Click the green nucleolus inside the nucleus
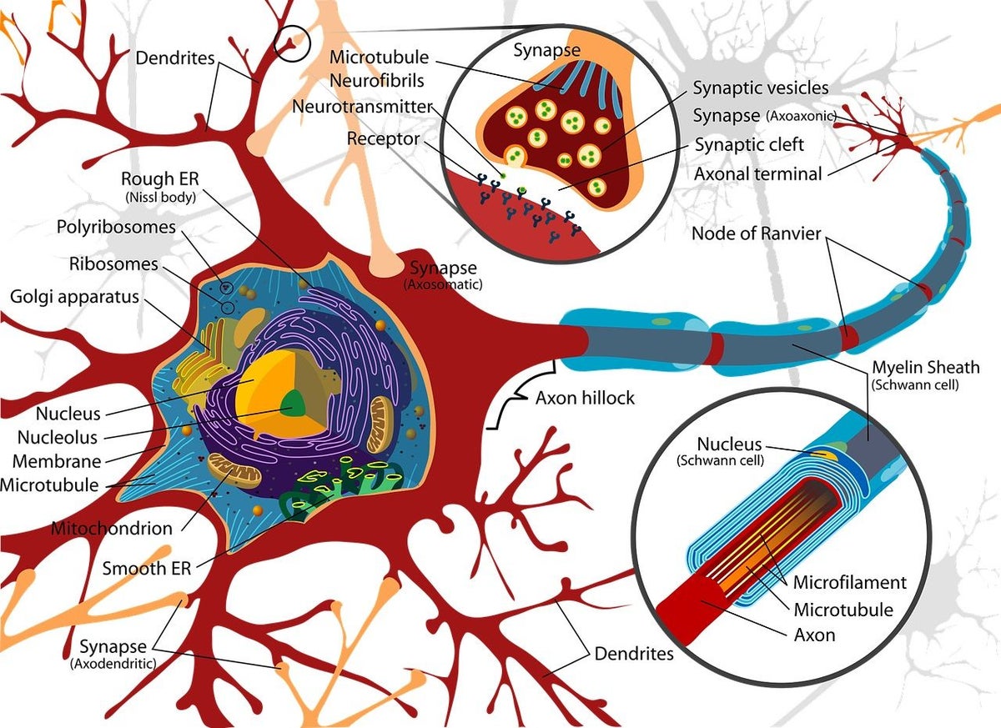[x=294, y=407]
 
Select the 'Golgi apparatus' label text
[x=74, y=297]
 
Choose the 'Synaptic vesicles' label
[x=761, y=88]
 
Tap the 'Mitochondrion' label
[x=112, y=528]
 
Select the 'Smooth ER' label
[x=147, y=569]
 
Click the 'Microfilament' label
[x=849, y=581]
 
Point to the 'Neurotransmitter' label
[x=362, y=107]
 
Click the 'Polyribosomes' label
[x=116, y=227]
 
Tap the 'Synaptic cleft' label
[x=749, y=145]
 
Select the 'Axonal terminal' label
[x=758, y=174]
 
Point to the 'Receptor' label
[x=384, y=138]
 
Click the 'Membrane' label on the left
[x=57, y=461]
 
